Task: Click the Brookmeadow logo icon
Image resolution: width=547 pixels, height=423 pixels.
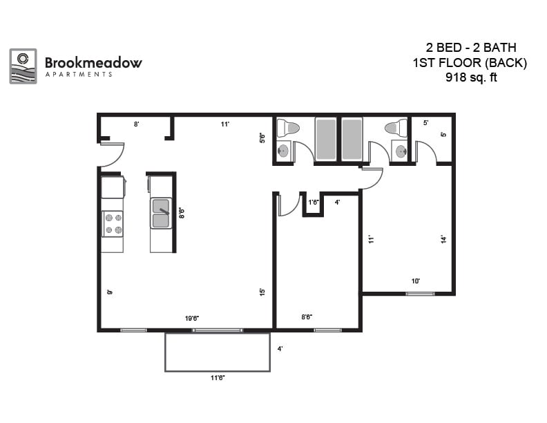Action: pos(23,66)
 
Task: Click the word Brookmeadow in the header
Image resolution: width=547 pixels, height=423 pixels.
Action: pos(93,62)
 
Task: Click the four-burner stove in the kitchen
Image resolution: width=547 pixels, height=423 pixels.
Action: pos(113,223)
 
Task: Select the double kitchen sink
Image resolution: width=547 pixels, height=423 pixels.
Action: pos(161,213)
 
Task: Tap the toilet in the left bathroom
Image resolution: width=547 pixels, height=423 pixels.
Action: pos(287,128)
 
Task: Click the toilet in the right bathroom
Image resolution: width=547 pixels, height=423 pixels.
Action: pos(397,128)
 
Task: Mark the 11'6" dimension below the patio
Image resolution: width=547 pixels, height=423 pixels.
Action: pos(217,378)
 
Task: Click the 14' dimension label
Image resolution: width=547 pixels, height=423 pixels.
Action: pos(443,239)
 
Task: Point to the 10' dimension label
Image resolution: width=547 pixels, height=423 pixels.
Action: pos(416,281)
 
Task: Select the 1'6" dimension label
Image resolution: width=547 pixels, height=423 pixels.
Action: pos(314,203)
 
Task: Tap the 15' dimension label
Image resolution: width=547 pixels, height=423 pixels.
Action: pos(262,292)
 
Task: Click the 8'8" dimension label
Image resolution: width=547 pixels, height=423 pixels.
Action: pos(307,317)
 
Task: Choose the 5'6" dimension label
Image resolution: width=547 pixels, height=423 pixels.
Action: pos(262,138)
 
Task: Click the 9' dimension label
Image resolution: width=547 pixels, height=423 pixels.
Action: pos(109,292)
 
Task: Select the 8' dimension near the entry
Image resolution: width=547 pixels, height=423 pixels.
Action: pos(137,124)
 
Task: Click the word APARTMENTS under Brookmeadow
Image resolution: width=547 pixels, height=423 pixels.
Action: pos(78,74)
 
